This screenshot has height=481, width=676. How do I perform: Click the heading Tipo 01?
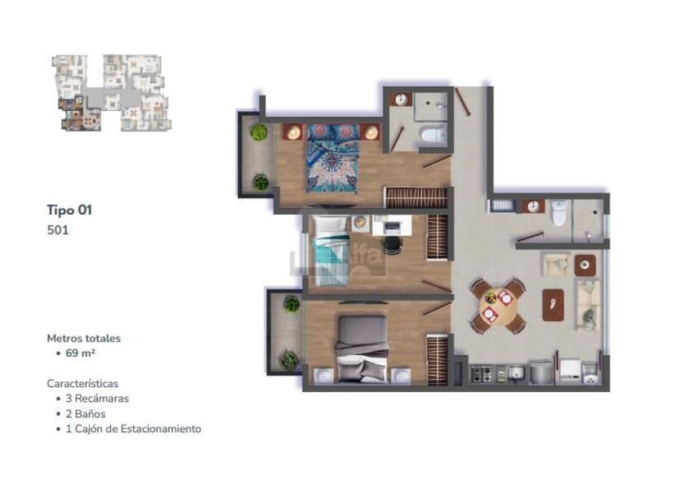pyautogui.click(x=69, y=210)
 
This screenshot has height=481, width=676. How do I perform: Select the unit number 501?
pyautogui.click(x=58, y=230)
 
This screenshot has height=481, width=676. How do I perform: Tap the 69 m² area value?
pyautogui.click(x=80, y=353)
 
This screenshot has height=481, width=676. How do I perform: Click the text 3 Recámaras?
pyautogui.click(x=97, y=399)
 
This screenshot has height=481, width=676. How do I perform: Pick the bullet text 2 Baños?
pyautogui.click(x=86, y=414)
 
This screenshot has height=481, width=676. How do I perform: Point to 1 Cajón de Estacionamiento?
pyautogui.click(x=133, y=429)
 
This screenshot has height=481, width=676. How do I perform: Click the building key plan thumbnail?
pyautogui.click(x=111, y=93)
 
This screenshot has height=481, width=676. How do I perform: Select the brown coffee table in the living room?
pyautogui.click(x=554, y=305)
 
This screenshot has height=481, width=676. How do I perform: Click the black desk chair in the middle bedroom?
pyautogui.click(x=393, y=244)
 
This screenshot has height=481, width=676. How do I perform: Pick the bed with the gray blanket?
pyautogui.click(x=362, y=350)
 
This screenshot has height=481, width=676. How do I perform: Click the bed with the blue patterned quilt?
pyautogui.click(x=332, y=158)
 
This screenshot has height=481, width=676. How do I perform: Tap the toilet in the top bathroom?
pyautogui.click(x=433, y=135)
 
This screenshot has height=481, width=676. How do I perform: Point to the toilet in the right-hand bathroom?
pyautogui.click(x=559, y=213)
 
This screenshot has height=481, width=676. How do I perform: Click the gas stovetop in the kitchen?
pyautogui.click(x=483, y=374)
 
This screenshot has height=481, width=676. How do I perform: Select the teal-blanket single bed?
pyautogui.click(x=331, y=251)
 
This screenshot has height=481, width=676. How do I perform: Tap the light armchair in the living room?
pyautogui.click(x=557, y=265)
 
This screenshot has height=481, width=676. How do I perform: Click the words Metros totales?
pyautogui.click(x=83, y=338)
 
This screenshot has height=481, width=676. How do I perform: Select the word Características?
pyautogui.click(x=82, y=383)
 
